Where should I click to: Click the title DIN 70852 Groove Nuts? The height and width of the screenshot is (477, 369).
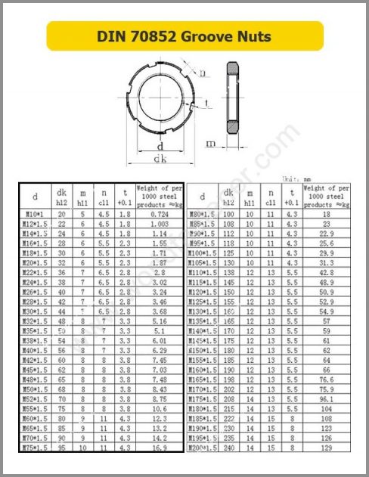[x=184, y=36]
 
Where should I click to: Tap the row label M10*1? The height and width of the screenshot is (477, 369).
[x=35, y=215]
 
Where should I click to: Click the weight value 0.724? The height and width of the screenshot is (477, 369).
[x=158, y=215]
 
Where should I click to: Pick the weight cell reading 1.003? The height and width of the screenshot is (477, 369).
[x=158, y=225]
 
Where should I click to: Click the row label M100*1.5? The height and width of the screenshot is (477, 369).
[x=202, y=253]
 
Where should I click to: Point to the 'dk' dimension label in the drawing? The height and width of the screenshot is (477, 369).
[x=160, y=159]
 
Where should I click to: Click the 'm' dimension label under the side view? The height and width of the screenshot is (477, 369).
[x=212, y=143]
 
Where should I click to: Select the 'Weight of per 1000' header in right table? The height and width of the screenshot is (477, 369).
[x=327, y=196]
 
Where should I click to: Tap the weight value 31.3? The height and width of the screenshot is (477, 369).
[x=327, y=263]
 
